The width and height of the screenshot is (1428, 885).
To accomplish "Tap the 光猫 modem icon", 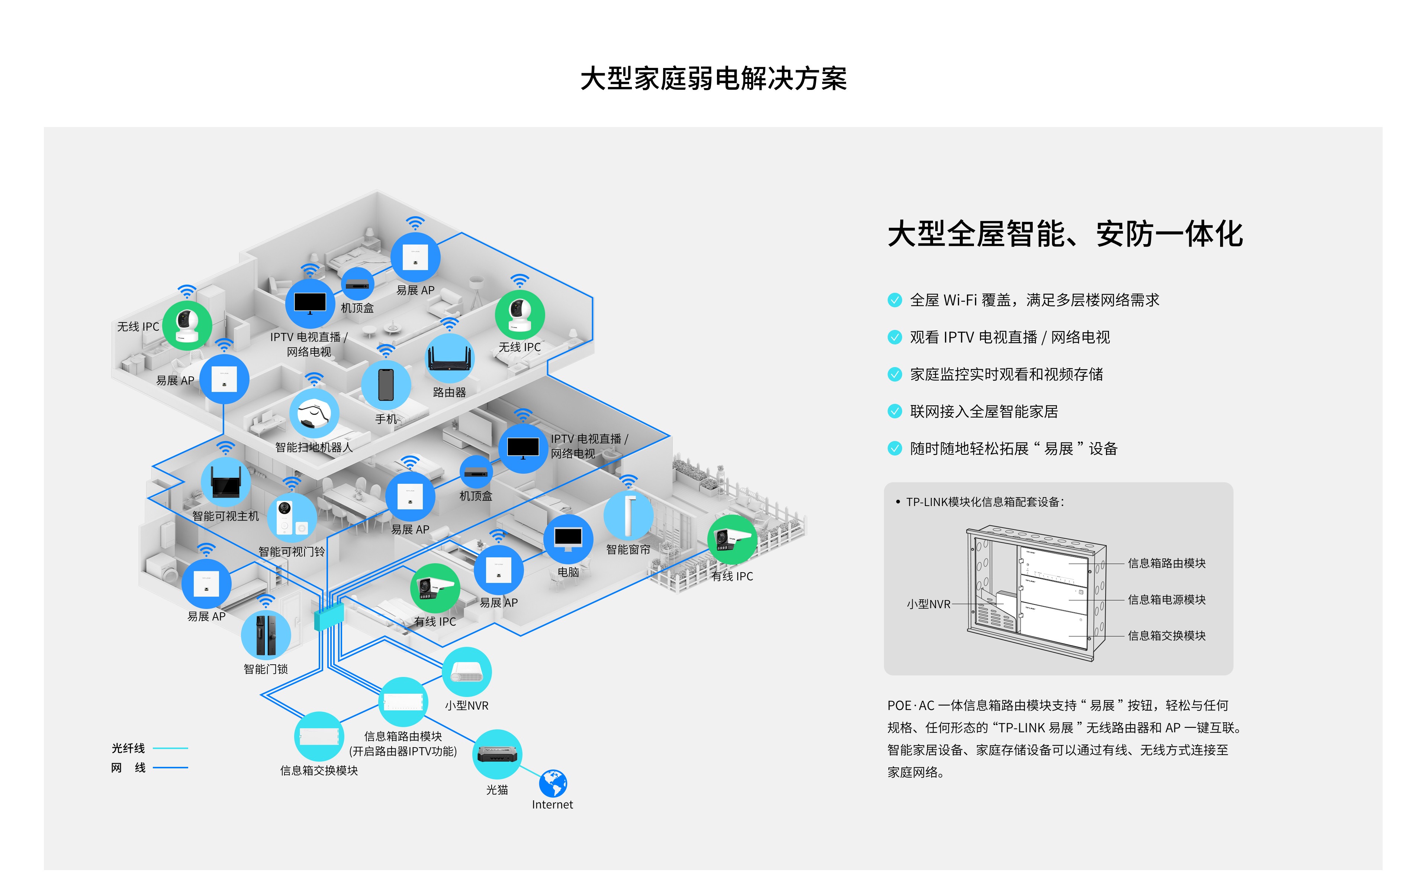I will point(497,754).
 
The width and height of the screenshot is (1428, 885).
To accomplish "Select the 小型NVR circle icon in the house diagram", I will point(467,672).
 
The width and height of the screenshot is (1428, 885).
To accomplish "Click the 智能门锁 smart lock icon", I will point(266,635).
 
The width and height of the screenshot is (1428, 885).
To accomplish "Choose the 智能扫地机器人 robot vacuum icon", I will point(314,413).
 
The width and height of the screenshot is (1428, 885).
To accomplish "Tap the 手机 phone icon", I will point(386,385).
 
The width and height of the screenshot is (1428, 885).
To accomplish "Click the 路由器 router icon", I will point(449,358).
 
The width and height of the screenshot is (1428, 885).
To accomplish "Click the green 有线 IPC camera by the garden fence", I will point(732,540).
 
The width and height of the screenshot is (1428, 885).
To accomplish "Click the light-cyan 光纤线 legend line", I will point(170,748).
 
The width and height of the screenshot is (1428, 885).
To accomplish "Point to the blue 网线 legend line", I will point(170,767).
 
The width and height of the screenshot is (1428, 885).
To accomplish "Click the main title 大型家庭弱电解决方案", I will point(713,78).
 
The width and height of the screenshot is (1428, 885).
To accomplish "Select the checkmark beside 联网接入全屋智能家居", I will point(894,412).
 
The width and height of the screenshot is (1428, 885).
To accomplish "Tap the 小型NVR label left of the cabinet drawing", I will point(928,604).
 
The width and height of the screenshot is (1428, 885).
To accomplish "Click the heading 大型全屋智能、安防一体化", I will point(1065,234).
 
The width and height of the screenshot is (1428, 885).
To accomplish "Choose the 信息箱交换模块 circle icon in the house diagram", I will point(319,736).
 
